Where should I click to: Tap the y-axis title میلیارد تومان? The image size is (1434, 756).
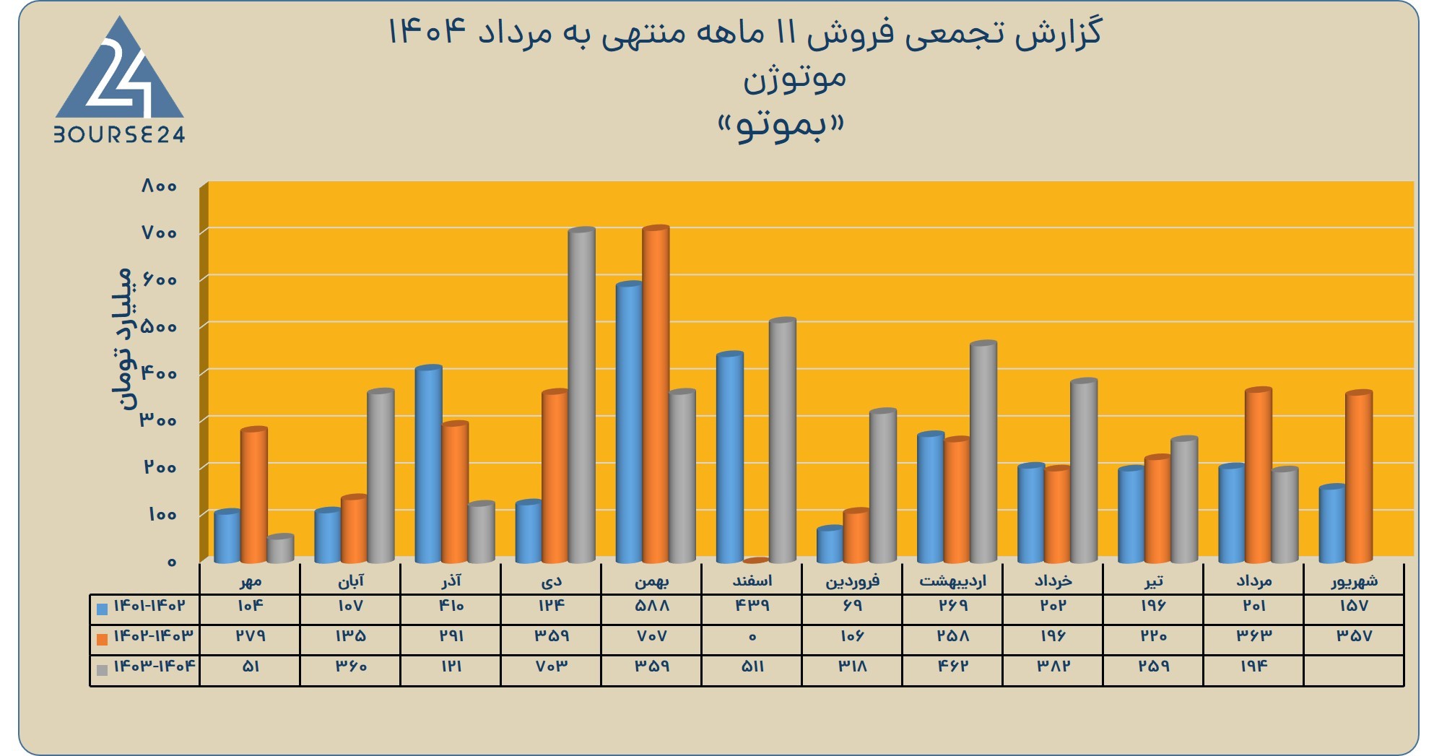(123, 339)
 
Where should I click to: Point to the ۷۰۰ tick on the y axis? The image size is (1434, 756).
(159, 233)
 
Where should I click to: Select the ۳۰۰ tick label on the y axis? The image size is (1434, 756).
(159, 420)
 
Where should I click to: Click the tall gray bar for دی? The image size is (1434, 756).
(582, 395)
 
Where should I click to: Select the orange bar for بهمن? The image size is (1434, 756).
(656, 394)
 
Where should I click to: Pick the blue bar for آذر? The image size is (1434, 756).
(428, 464)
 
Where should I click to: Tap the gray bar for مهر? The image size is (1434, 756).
(280, 549)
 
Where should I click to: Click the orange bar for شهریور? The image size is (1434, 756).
(1359, 477)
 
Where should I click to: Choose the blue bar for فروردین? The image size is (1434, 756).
(830, 544)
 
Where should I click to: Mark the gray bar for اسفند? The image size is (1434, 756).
(782, 440)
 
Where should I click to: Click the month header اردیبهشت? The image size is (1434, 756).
(952, 580)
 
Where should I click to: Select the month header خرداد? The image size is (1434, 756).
(1053, 580)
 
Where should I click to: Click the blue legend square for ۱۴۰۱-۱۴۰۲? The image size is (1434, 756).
(102, 609)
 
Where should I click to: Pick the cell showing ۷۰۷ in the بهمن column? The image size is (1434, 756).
(652, 636)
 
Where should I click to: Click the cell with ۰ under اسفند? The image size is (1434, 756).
(752, 637)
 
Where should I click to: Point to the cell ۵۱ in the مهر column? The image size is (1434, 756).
(251, 666)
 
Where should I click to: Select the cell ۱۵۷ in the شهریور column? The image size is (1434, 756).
(1353, 606)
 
